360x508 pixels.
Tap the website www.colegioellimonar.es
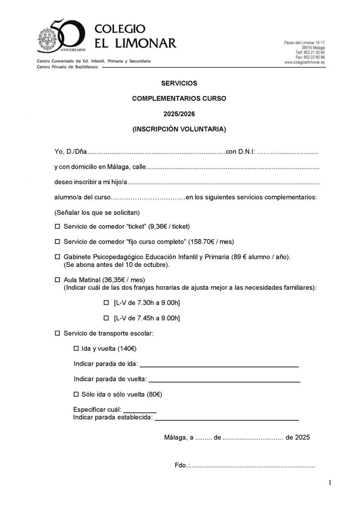coord(304,63)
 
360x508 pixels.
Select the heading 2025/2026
coord(179,114)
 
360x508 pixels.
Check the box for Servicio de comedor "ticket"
coord(57,227)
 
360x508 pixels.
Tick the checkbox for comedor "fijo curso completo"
coord(57,242)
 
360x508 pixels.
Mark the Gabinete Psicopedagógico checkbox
coord(57,257)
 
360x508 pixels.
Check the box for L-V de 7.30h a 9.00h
coord(105,303)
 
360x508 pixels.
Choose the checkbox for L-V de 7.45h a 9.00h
coord(105,317)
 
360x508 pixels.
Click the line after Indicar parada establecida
coord(227,420)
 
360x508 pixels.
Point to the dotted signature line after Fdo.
coord(252,466)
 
